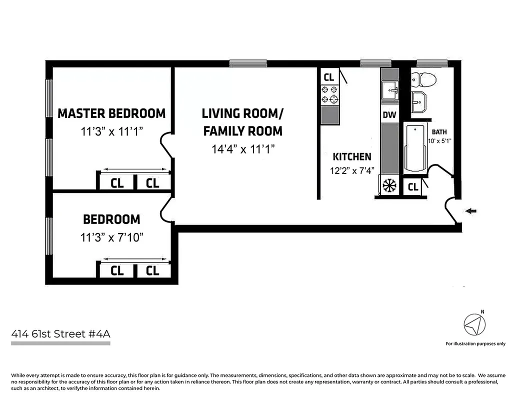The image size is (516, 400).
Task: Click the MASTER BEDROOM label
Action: (111, 113)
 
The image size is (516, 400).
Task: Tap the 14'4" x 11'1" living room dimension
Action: (242, 149)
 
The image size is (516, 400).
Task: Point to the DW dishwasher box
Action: (389, 115)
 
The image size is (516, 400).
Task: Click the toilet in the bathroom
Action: (423, 79)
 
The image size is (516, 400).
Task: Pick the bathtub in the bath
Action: (414, 148)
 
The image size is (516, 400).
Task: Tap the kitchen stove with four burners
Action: (329, 94)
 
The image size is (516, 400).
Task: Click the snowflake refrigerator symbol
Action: (388, 185)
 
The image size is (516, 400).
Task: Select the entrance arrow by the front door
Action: (470, 211)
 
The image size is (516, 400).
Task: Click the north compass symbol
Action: (474, 325)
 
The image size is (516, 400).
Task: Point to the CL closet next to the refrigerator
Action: (412, 187)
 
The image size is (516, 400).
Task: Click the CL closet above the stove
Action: (328, 77)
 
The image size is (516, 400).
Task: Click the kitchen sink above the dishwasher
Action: (389, 91)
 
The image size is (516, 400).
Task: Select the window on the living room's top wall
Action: (248, 63)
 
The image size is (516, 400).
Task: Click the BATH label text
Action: (440, 132)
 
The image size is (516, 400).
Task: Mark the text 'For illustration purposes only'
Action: (475, 343)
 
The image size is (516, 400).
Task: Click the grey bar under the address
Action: (60, 343)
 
